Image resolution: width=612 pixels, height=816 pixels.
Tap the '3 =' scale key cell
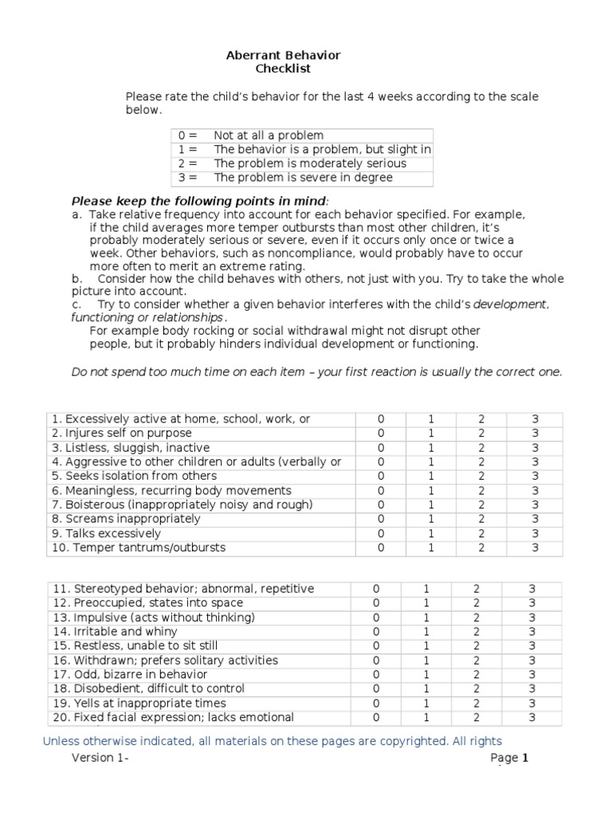click(x=187, y=178)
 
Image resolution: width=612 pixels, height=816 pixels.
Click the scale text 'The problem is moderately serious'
click(x=310, y=163)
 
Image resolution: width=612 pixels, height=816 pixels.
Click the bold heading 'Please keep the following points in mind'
click(x=199, y=201)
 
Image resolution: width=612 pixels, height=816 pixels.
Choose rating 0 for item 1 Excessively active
click(x=380, y=419)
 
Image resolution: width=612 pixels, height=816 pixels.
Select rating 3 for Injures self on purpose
click(x=535, y=433)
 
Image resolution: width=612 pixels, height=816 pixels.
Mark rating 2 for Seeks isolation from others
click(x=481, y=477)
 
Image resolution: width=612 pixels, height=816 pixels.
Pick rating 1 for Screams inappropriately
click(x=431, y=519)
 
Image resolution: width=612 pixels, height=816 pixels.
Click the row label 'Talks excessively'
click(x=106, y=533)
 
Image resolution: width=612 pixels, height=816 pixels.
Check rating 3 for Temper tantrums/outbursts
click(x=535, y=547)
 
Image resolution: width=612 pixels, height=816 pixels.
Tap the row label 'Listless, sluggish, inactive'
click(x=131, y=448)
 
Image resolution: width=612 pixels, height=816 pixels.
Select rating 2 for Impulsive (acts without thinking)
click(x=477, y=618)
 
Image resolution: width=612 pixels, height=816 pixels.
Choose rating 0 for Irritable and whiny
click(x=376, y=632)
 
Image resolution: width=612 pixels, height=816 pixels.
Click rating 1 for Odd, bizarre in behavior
click(x=426, y=674)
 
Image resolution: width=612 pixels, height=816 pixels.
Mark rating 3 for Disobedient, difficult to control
click(x=532, y=688)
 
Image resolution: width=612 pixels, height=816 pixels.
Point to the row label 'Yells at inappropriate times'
click(x=139, y=703)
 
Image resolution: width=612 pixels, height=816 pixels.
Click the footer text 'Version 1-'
click(x=100, y=758)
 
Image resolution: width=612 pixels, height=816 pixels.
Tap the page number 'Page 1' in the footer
click(x=510, y=758)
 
